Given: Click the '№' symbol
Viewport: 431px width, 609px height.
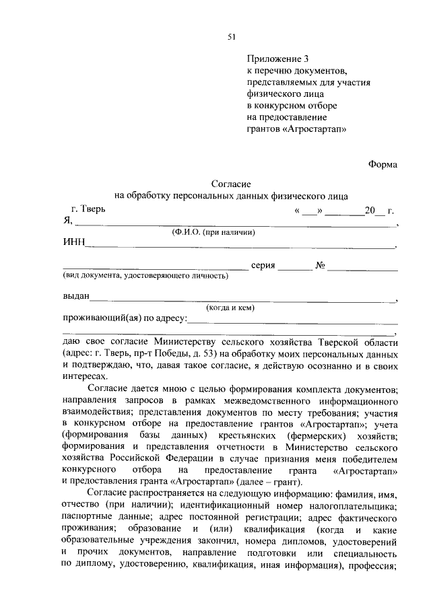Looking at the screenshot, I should (x=321, y=266).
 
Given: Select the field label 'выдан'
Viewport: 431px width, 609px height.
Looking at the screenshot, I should (x=76, y=297).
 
